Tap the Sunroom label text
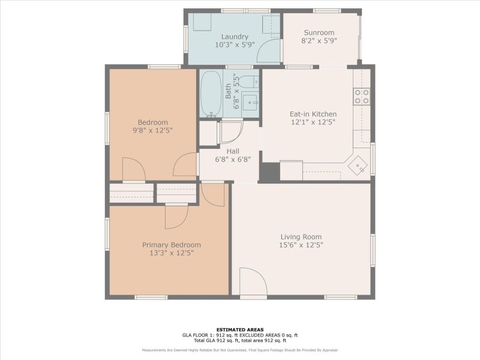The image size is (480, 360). (319, 33)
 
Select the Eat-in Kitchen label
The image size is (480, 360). (313, 114)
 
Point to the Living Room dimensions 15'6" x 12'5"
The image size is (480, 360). (300, 245)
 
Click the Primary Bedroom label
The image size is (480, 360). (171, 245)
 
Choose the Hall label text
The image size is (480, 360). (233, 151)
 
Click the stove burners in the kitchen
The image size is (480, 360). (361, 97)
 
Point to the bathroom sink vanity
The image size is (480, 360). (250, 100)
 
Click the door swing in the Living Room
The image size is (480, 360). (253, 282)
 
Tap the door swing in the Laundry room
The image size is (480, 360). (268, 52)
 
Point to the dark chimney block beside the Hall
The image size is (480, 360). (269, 172)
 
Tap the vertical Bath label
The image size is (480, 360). (228, 91)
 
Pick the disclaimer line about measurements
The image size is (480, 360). (240, 350)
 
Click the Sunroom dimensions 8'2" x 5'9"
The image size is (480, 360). (319, 41)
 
